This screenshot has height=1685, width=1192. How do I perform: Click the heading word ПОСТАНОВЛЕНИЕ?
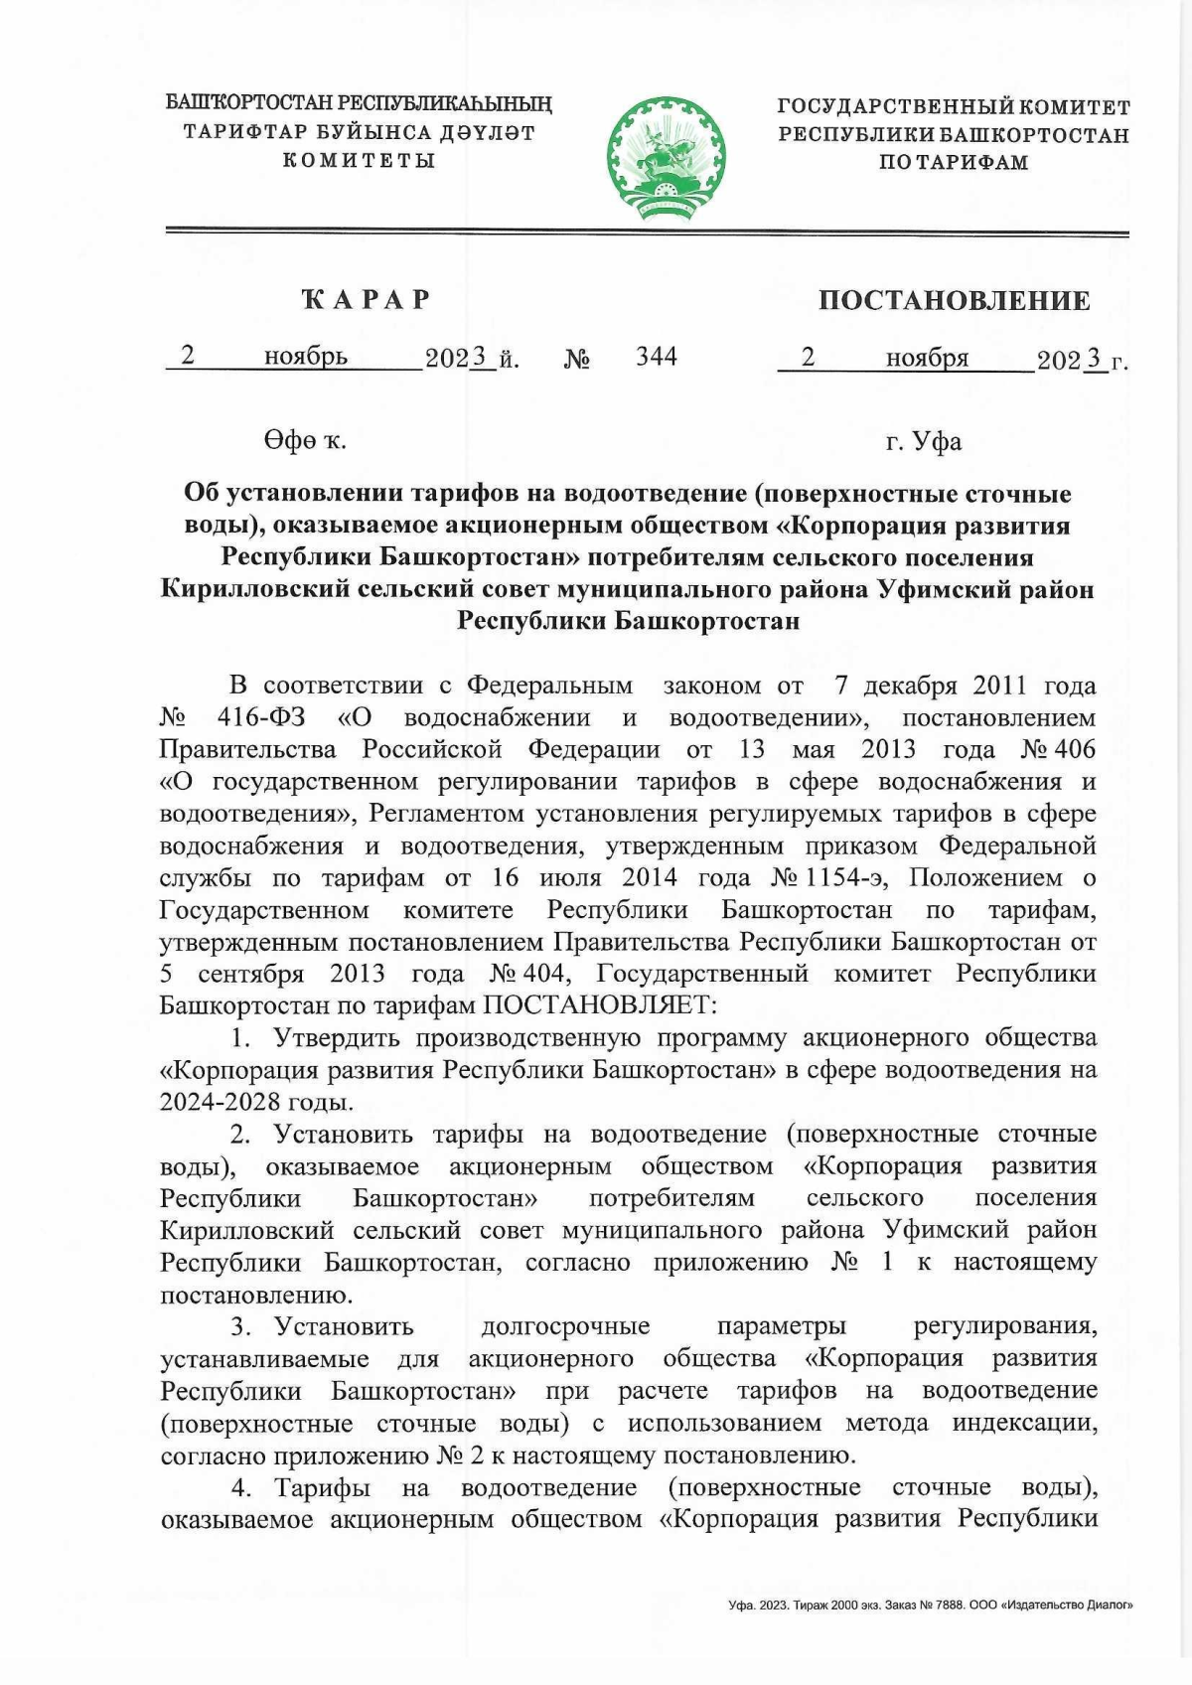coord(954,301)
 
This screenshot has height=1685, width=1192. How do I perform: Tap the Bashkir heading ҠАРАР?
coord(366,300)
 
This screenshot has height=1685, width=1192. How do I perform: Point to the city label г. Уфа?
coord(923,441)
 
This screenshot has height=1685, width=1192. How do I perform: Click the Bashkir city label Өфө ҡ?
coord(304,441)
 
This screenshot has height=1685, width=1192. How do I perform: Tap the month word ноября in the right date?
coord(927,358)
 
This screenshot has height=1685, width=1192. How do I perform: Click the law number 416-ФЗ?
coord(261,717)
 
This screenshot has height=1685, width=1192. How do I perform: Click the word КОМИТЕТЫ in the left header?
coord(360,161)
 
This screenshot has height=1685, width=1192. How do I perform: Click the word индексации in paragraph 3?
coord(1024,1423)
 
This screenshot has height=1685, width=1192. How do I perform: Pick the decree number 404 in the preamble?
coord(541,974)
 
